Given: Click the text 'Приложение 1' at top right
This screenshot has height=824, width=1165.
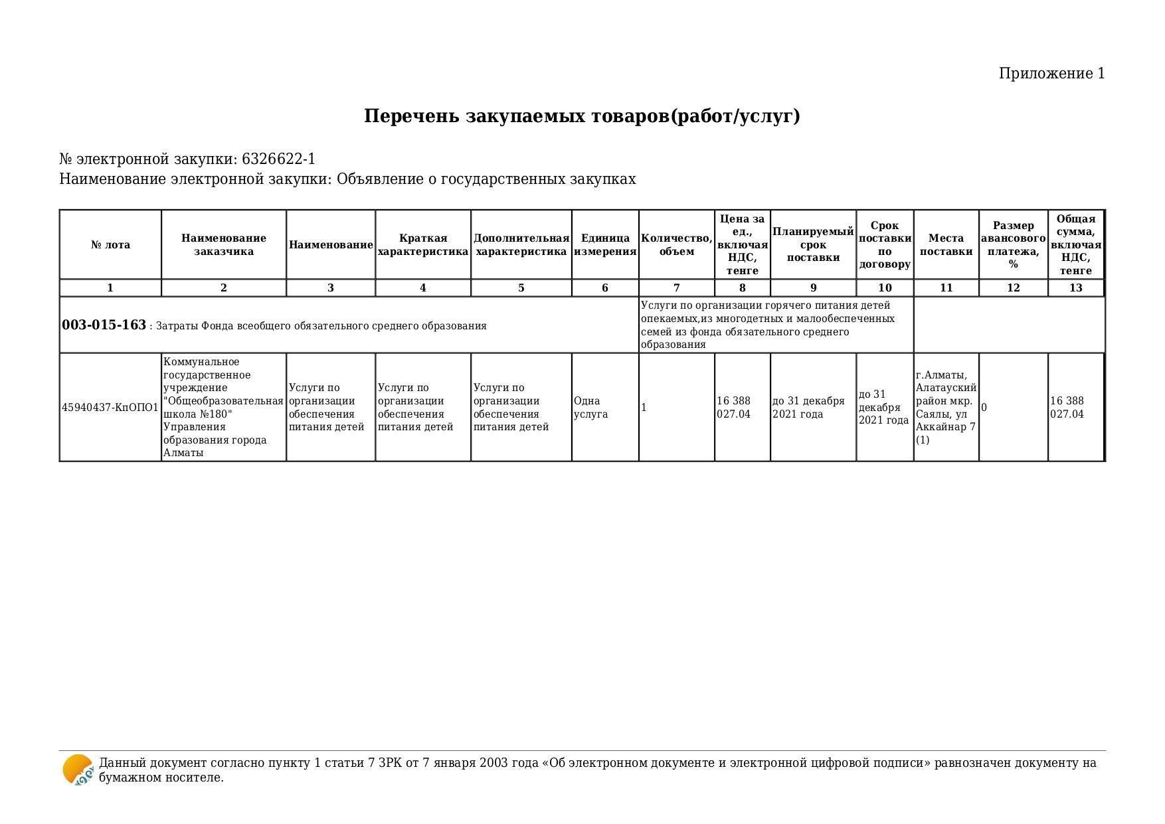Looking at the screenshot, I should tap(1051, 74).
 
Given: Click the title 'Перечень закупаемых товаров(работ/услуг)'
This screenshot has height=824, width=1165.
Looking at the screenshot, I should tap(582, 116).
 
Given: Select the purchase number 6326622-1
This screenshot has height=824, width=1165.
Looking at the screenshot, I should tap(278, 159).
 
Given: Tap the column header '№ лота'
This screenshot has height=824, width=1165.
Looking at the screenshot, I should tap(110, 245).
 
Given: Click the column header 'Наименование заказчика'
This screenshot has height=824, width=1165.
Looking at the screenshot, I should tap(224, 245).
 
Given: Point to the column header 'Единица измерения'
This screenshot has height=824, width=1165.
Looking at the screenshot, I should tap(605, 245).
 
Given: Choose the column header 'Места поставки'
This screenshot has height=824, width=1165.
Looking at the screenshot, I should tap(946, 245).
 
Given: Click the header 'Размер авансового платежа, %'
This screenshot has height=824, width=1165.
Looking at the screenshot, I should tap(1013, 245).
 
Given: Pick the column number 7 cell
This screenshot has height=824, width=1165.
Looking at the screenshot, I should tap(676, 288).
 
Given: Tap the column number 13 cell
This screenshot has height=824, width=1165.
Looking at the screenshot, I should tap(1075, 288).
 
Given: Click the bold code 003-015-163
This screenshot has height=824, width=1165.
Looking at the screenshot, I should tap(104, 325).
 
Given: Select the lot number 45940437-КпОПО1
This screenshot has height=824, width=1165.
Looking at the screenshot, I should tap(110, 408).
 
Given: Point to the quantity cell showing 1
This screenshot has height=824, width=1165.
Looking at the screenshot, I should tap(644, 408).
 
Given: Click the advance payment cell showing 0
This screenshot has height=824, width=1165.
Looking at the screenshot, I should tap(984, 408).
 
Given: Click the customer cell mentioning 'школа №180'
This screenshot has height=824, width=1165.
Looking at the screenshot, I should tap(224, 408).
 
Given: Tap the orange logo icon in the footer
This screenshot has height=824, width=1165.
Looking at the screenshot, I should tap(78, 770).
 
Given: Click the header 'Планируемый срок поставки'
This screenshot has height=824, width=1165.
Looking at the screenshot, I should tap(813, 245).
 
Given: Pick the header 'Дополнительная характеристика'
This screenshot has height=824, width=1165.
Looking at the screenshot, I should tap(521, 245).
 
